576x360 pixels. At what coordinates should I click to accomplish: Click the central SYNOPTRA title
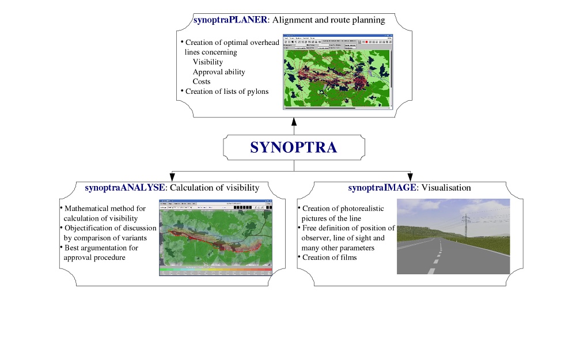[293, 147]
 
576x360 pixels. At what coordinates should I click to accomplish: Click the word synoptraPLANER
[230, 20]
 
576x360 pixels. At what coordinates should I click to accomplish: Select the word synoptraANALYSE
[126, 188]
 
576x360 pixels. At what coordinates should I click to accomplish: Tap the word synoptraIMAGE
[382, 188]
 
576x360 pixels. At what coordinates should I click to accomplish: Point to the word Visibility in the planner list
[207, 62]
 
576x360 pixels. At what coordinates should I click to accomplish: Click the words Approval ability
[219, 72]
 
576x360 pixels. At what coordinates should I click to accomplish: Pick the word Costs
[202, 82]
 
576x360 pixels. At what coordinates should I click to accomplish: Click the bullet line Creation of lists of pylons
[226, 92]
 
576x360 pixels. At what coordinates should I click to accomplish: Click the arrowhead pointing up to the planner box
[294, 122]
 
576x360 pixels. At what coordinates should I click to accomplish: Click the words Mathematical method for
[105, 209]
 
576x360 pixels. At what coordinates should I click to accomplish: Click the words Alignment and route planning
[329, 20]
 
